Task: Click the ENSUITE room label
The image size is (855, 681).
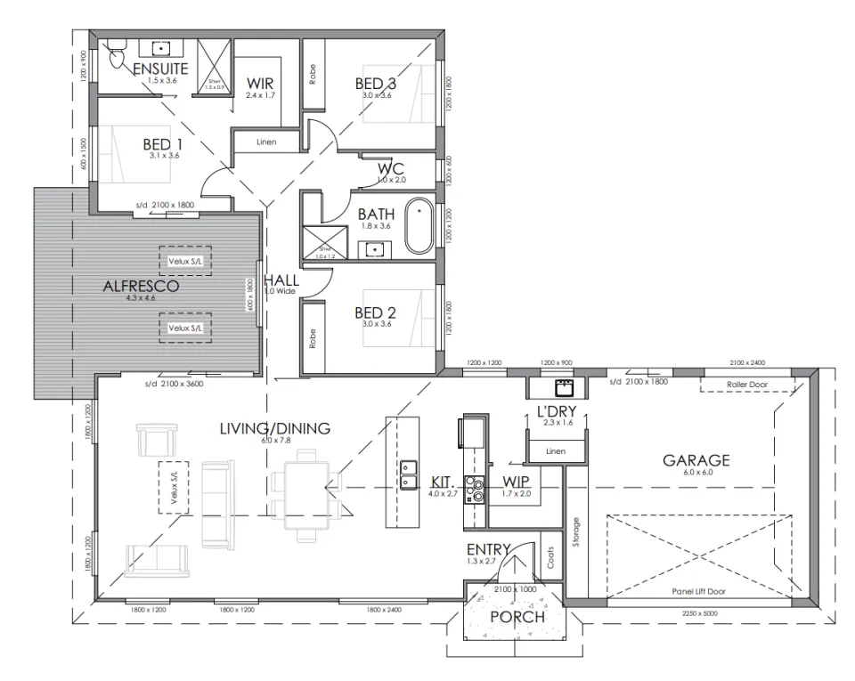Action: pos(160,69)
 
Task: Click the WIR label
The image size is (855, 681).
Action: pos(260,84)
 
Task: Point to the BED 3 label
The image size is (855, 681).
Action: pos(375,84)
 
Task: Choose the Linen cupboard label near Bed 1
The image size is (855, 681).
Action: pos(265,142)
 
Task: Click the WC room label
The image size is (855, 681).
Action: pos(391,168)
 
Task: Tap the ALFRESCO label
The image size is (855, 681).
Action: pos(140,287)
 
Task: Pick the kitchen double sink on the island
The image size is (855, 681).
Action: pos(410,474)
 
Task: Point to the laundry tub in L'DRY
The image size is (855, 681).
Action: pos(563,388)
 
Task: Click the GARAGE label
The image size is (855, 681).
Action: pos(696,460)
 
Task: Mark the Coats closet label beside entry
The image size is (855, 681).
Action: pos(550,558)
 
